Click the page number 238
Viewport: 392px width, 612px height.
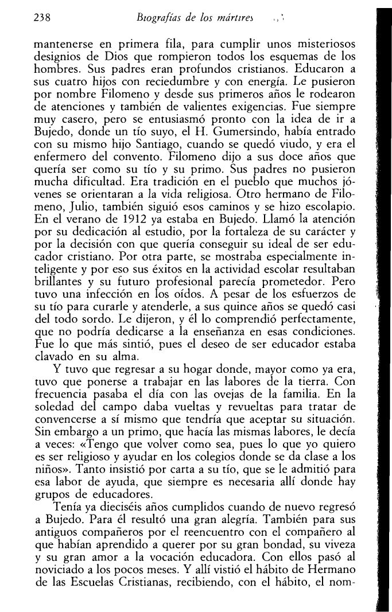point(42,18)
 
